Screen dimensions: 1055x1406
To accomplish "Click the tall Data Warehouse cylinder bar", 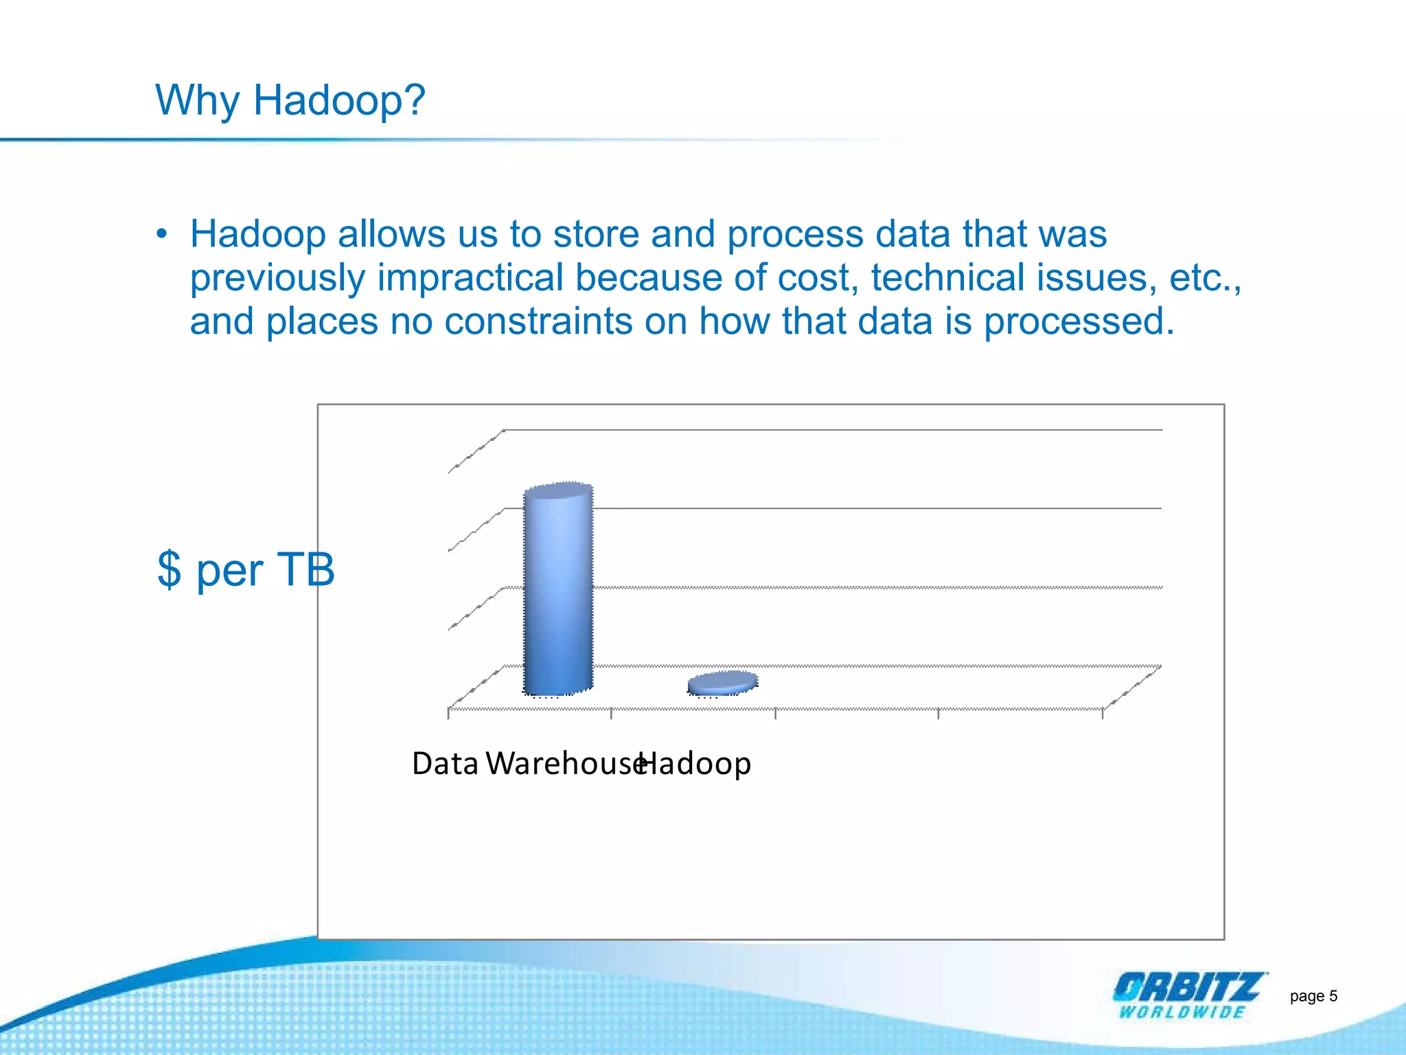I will click(x=557, y=591).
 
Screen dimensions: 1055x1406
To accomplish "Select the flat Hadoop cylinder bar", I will click(x=723, y=682).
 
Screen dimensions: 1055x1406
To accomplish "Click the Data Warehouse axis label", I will click(x=525, y=763).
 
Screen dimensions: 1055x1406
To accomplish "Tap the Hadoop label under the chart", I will click(x=695, y=763).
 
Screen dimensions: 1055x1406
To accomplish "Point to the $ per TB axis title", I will click(x=245, y=569).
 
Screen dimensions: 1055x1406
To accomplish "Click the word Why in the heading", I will click(x=198, y=100).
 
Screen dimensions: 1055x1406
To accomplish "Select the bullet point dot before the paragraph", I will click(x=161, y=234).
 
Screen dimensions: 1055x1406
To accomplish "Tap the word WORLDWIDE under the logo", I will click(x=1182, y=1012).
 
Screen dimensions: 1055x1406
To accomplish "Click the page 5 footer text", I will click(x=1313, y=996).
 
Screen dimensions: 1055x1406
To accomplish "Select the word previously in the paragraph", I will click(x=277, y=277).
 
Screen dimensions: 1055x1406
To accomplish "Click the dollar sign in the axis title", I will click(x=169, y=569).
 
